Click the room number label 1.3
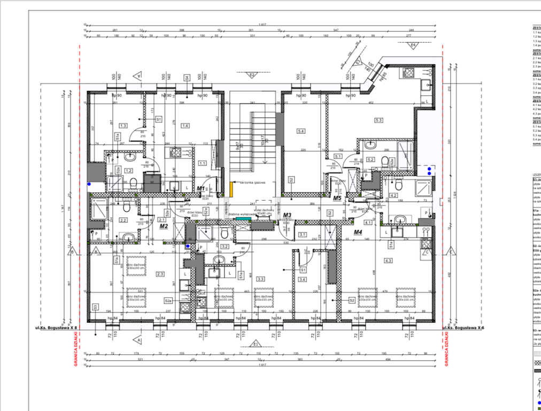[123, 126]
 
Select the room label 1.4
[186, 126]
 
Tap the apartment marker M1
[200, 188]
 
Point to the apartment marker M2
[164, 226]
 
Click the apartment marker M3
[287, 215]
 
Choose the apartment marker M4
[358, 232]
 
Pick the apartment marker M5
[337, 198]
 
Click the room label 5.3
[379, 120]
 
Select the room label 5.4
[301, 131]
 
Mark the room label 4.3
[388, 261]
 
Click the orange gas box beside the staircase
[231, 188]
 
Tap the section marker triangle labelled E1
[256, 343]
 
